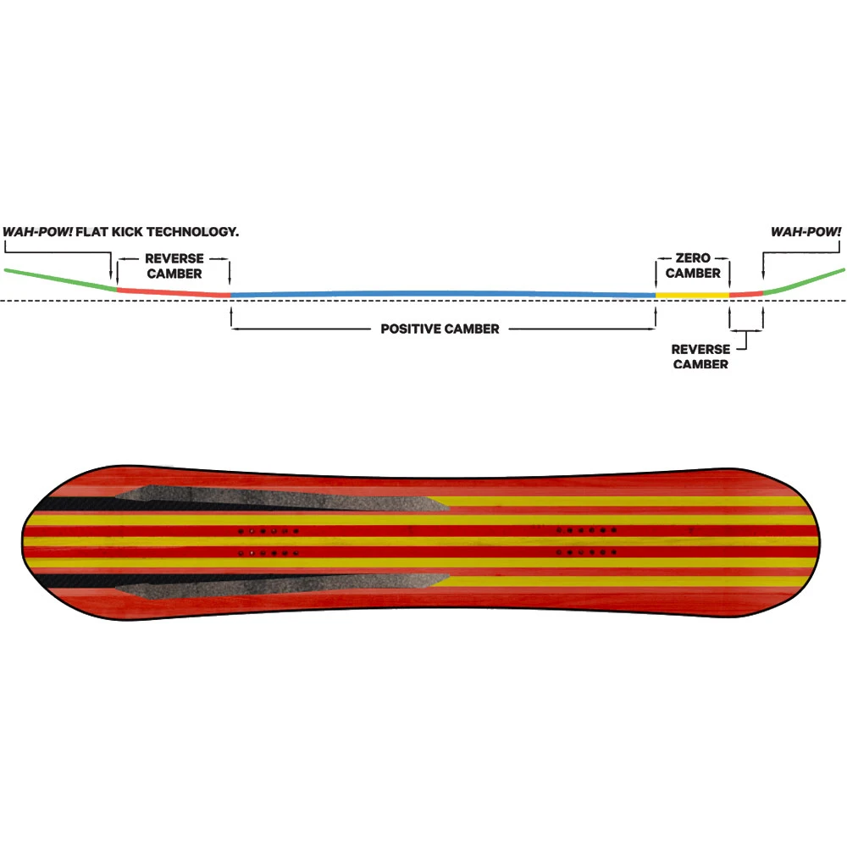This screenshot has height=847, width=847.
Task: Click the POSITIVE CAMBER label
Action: point(440,329)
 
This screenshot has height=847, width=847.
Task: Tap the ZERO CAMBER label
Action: point(693,265)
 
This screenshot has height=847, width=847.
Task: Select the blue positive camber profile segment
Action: point(440,293)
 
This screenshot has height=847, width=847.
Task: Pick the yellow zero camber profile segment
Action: point(692,295)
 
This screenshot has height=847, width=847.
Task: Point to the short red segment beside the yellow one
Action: point(745,294)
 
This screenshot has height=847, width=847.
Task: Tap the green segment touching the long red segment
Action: point(59,279)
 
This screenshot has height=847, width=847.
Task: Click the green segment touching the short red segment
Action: point(805,280)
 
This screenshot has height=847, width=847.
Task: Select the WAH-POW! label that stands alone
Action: point(805,231)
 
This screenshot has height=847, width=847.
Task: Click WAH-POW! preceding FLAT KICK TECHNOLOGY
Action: point(37,231)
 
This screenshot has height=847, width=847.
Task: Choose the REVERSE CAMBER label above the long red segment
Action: point(174,265)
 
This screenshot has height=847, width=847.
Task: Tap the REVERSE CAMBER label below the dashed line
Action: point(700,357)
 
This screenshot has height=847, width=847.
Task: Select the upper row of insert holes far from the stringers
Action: point(585,530)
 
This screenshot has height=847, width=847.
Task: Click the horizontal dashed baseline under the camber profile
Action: point(423,301)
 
